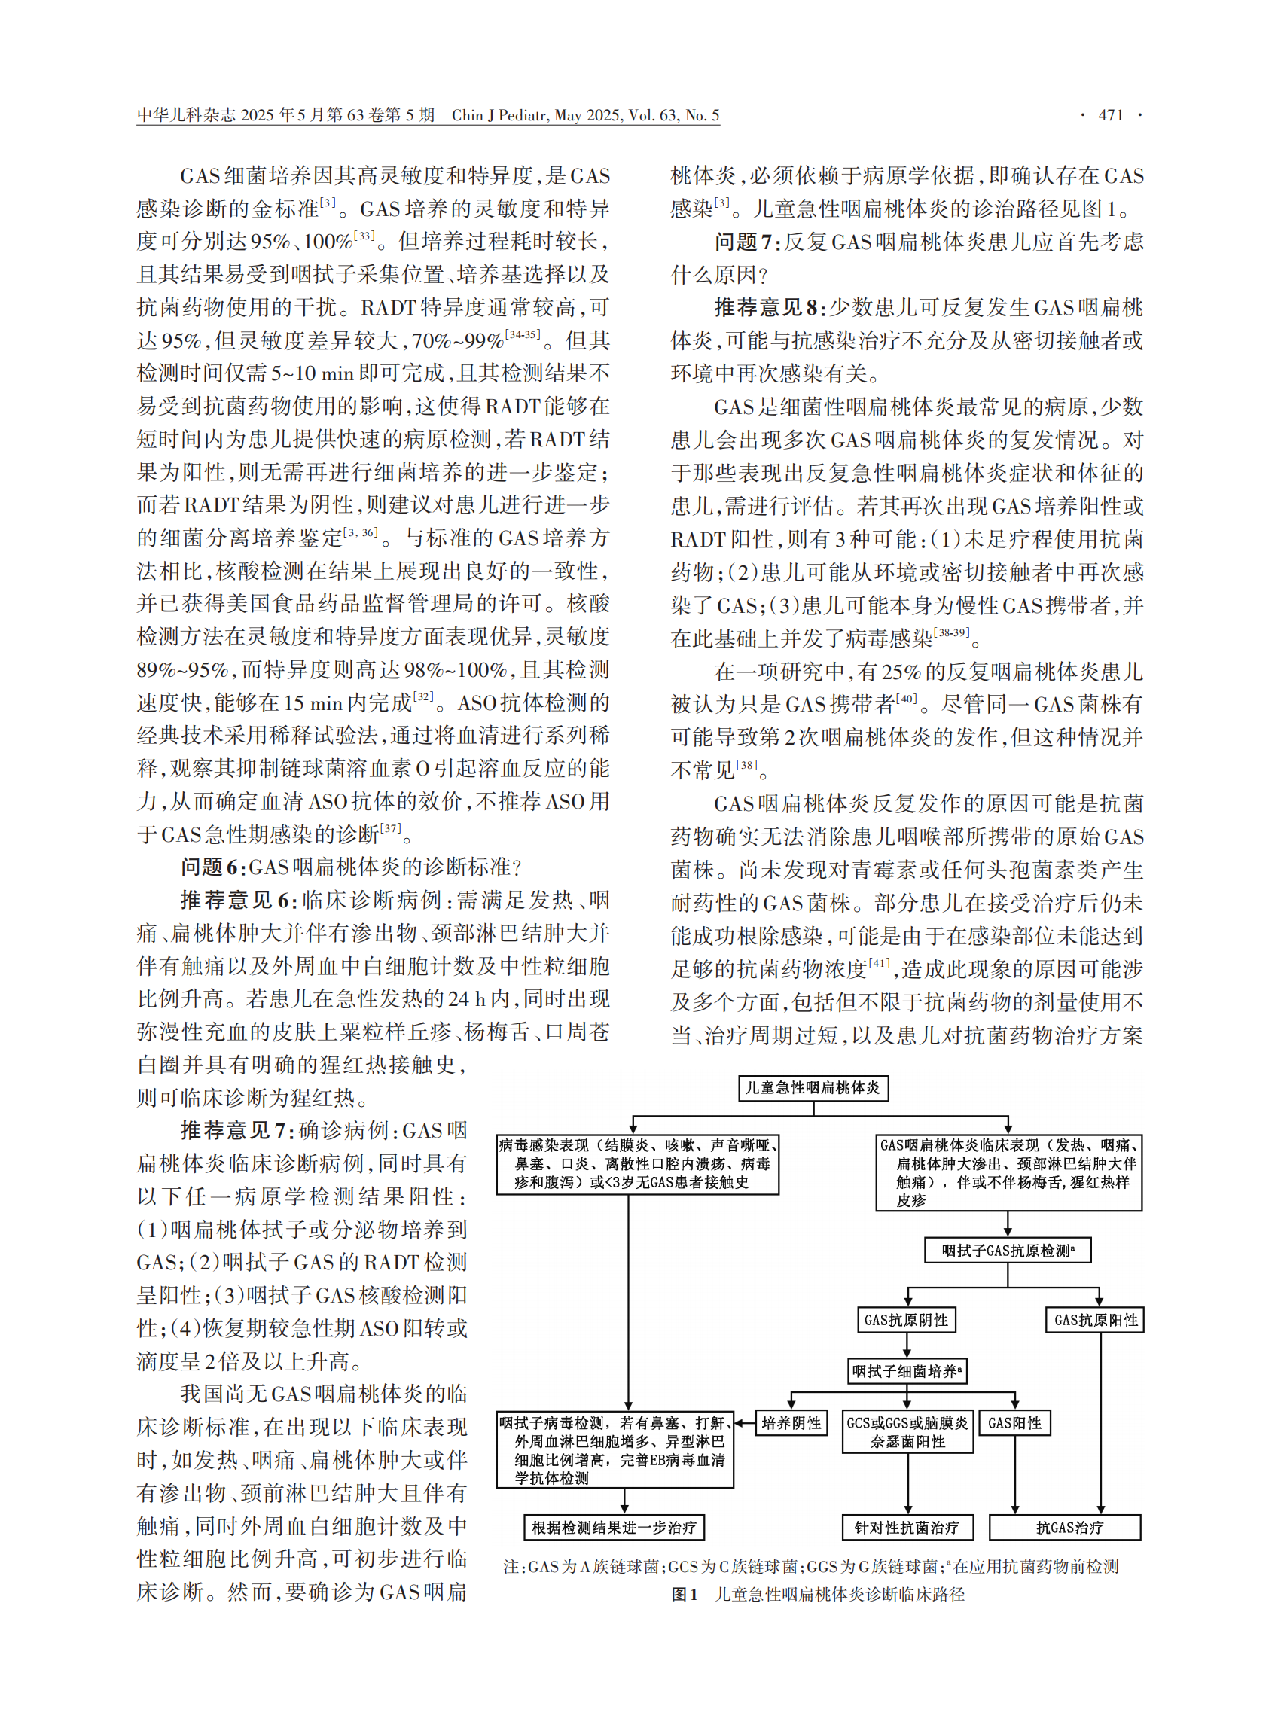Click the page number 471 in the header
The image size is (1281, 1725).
(1110, 115)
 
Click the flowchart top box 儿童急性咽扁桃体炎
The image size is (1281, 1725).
(813, 1088)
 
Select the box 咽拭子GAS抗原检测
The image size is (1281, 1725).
(1008, 1251)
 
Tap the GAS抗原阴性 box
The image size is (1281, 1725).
(906, 1319)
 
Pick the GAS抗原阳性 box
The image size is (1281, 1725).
(1096, 1319)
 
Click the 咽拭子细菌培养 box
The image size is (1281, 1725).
(907, 1370)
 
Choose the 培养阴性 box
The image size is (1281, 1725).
(791, 1422)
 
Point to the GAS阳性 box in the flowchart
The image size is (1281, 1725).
(1014, 1422)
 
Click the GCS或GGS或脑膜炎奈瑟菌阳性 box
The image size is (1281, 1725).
(907, 1432)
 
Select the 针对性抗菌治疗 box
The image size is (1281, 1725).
(907, 1527)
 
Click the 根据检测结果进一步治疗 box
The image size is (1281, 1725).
(613, 1527)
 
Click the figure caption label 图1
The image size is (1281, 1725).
(684, 1594)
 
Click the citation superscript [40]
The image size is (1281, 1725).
(907, 699)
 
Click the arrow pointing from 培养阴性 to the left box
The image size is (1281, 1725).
(743, 1422)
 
